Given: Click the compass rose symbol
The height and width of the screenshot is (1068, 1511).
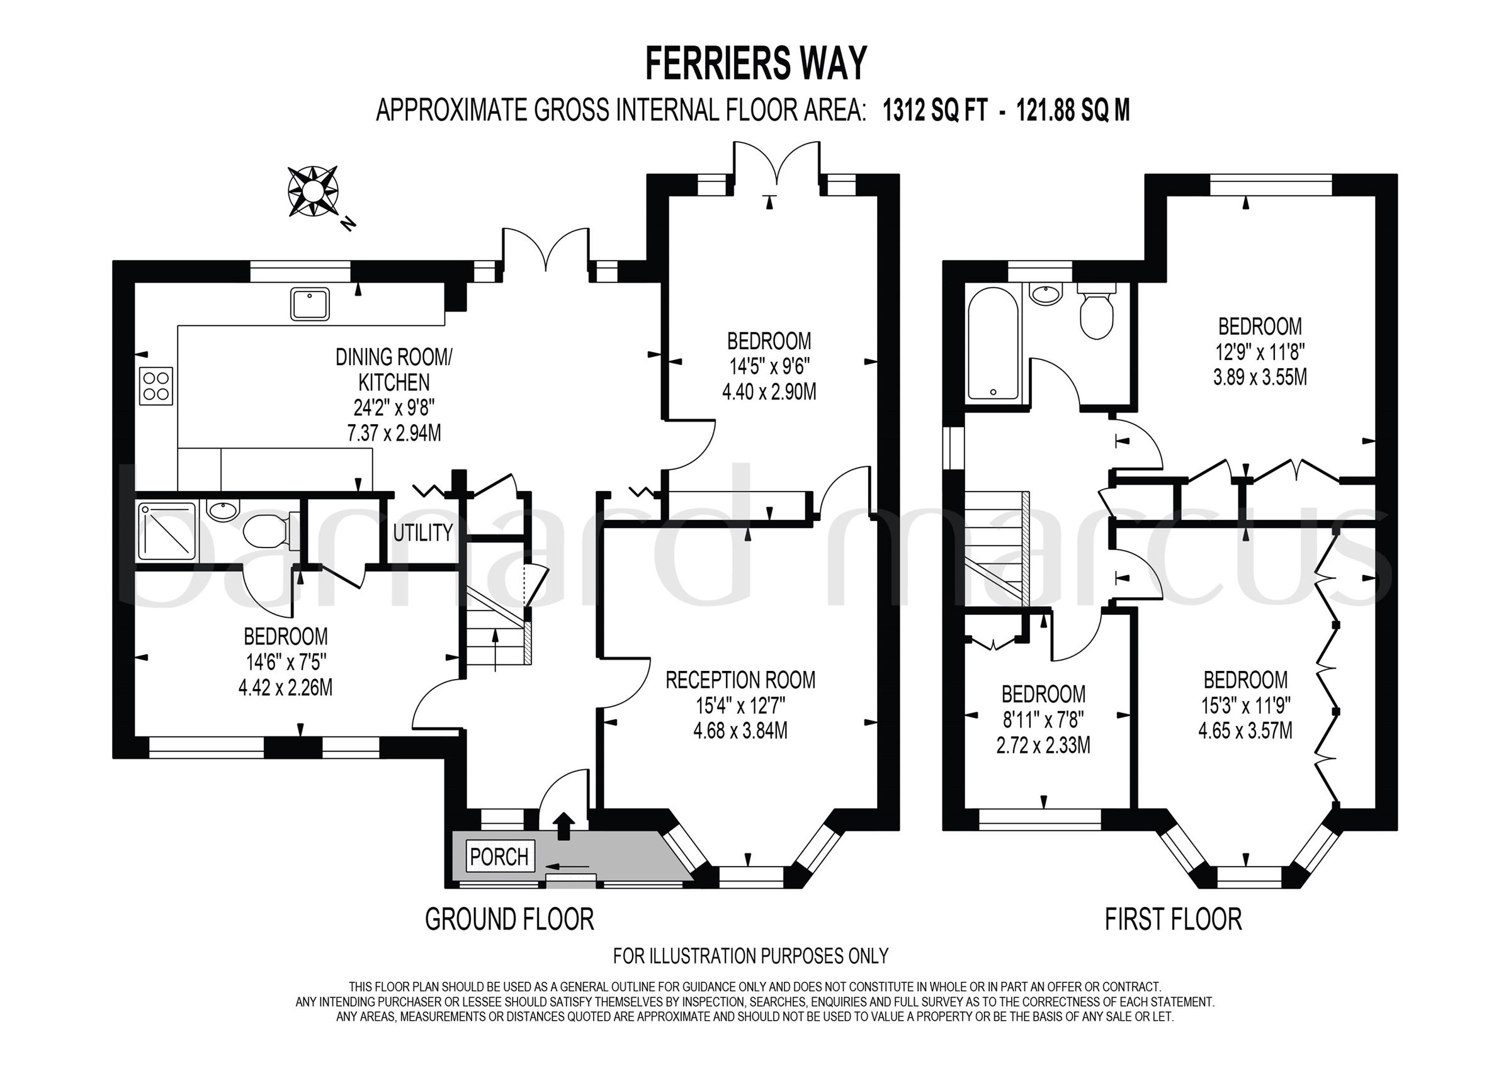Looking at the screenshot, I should tap(313, 191).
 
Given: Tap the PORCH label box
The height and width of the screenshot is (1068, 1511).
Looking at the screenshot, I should tap(499, 856).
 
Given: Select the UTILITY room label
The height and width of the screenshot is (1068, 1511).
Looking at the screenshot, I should tap(423, 532).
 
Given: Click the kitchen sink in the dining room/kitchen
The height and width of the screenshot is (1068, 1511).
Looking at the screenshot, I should tap(309, 304).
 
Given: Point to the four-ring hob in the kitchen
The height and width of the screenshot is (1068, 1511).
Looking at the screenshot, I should tap(156, 386).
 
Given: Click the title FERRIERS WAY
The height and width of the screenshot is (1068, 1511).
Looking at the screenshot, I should tap(756, 64).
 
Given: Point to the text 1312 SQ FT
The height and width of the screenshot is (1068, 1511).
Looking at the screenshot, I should tap(934, 111).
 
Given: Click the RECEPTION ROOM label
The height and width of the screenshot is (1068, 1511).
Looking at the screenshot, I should tap(740, 680).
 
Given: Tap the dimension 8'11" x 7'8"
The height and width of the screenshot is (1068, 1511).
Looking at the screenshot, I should tap(1043, 719).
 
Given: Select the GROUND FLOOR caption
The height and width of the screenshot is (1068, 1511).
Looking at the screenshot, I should tap(509, 919).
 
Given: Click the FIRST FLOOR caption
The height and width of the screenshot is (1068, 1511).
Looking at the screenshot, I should tap(1173, 919).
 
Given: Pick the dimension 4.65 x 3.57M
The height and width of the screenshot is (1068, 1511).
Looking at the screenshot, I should tap(1245, 731).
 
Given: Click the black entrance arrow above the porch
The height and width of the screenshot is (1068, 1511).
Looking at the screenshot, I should tap(563, 827).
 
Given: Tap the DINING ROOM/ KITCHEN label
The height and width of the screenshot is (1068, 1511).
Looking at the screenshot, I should tap(393, 370).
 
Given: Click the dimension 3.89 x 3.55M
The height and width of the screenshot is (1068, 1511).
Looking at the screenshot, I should tap(1260, 377).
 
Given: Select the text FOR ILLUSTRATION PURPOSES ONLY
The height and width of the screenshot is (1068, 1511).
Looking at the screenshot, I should tap(750, 955).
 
